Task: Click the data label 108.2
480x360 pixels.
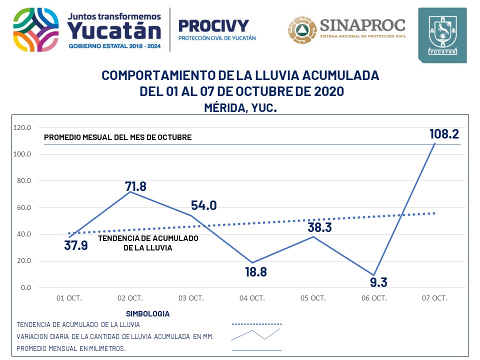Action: (x=444, y=134)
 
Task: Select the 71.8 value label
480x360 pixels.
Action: (x=135, y=186)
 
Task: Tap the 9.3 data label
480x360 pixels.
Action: (x=378, y=282)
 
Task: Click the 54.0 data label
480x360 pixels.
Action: (x=204, y=205)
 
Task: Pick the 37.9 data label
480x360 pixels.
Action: (x=76, y=245)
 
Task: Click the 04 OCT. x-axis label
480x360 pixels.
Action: (x=252, y=298)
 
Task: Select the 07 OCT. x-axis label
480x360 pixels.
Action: (x=434, y=298)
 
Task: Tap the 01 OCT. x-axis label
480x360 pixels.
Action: (x=69, y=298)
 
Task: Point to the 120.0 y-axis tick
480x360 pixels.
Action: (x=22, y=127)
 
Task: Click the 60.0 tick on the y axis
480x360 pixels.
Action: (x=24, y=207)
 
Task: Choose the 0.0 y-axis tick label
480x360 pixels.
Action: (x=25, y=287)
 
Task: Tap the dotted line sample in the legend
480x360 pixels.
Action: (x=257, y=324)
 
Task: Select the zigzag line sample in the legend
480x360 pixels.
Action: (x=255, y=335)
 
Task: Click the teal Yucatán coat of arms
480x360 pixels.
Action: (x=442, y=35)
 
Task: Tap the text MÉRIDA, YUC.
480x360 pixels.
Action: (x=240, y=107)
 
